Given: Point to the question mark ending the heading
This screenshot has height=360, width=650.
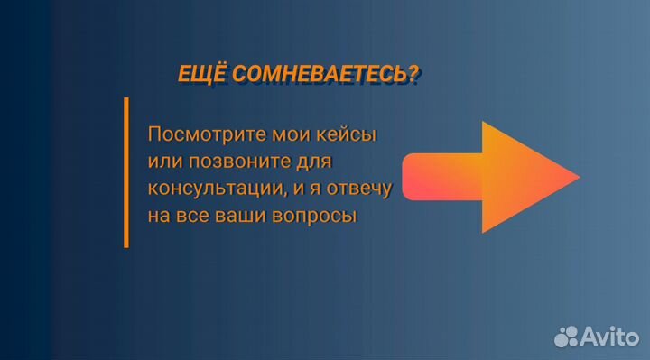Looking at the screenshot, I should pyautogui.click(x=413, y=75).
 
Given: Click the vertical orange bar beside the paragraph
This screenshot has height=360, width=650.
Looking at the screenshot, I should pyautogui.click(x=125, y=172).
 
